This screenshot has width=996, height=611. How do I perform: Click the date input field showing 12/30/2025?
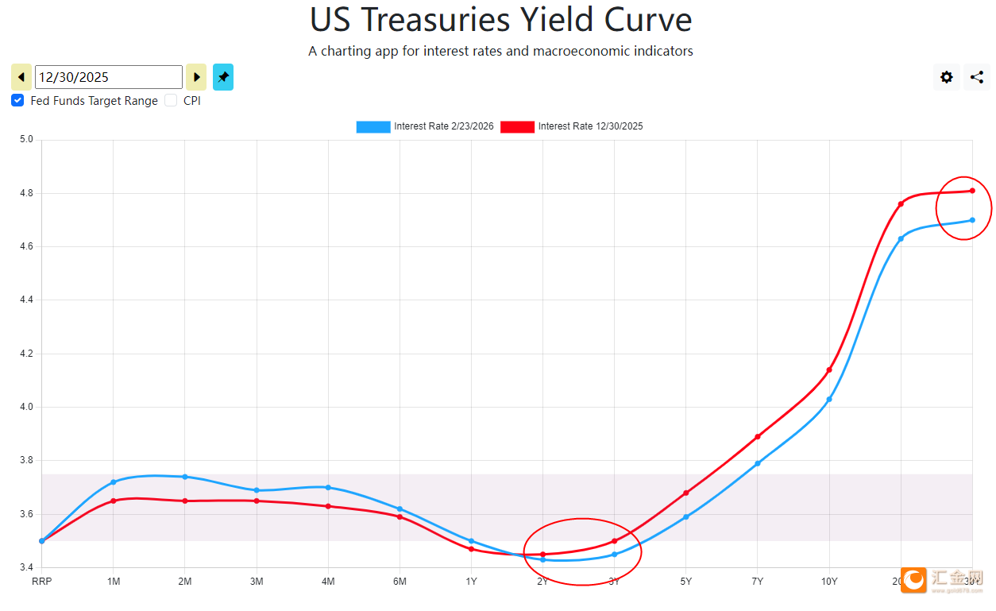109,77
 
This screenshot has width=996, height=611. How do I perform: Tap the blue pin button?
223,77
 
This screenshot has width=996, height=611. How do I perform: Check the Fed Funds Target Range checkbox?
17,101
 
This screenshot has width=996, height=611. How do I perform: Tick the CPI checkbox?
171,101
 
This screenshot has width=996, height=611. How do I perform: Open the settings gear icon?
947,77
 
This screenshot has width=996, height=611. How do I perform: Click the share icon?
977,77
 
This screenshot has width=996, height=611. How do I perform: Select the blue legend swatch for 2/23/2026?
373,126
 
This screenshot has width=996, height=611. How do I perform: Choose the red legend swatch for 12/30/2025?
517,126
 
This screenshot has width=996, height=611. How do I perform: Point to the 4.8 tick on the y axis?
26,193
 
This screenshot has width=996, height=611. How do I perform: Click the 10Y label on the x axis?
829,582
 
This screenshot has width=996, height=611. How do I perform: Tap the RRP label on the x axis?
41,582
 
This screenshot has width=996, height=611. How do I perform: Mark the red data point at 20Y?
901,204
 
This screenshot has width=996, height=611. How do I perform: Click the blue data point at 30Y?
972,220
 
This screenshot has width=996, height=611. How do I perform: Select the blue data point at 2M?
185,477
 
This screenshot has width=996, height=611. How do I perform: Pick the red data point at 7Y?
758,436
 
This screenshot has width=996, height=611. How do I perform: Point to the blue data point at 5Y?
686,517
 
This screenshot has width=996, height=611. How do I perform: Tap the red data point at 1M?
114,501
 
